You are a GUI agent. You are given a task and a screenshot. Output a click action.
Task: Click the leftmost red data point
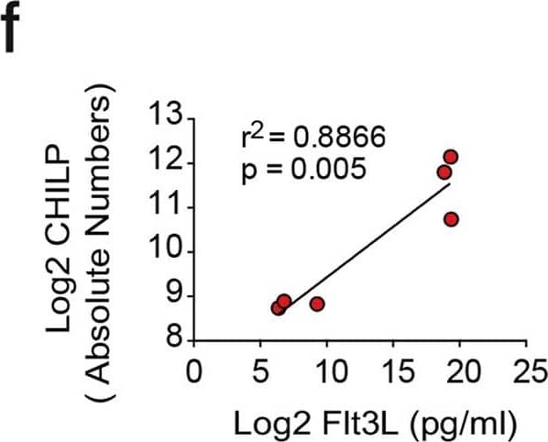pyautogui.click(x=278, y=307)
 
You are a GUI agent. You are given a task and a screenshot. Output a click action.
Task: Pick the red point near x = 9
pyautogui.click(x=317, y=304)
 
